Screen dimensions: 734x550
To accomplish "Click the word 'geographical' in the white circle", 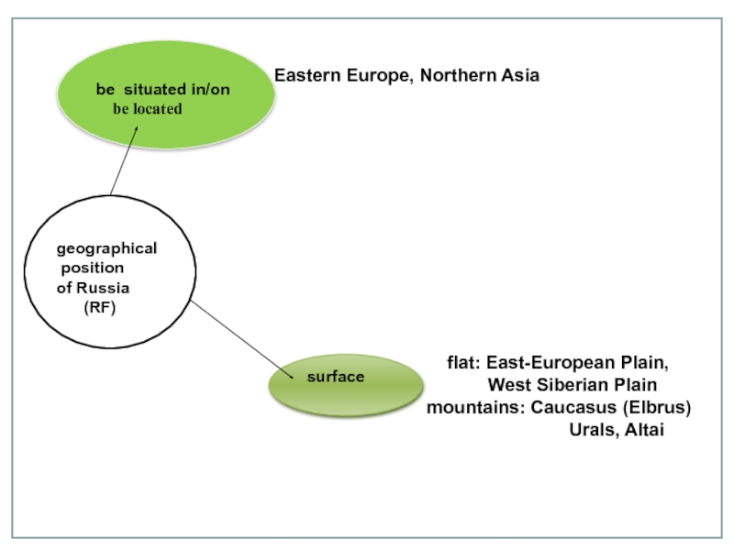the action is point(106,248).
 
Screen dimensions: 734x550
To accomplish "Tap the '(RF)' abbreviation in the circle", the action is point(99,308).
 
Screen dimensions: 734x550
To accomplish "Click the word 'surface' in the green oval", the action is point(335,377).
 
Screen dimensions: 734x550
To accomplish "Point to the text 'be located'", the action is point(148,108).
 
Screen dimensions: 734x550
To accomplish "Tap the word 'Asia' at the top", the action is point(519,75).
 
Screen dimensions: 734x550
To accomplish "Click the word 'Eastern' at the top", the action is point(306,75).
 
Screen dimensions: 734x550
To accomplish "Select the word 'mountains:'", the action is point(475,406).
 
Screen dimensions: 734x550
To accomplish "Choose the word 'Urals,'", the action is point(593,429).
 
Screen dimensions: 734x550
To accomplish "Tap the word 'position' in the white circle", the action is point(92,269).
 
